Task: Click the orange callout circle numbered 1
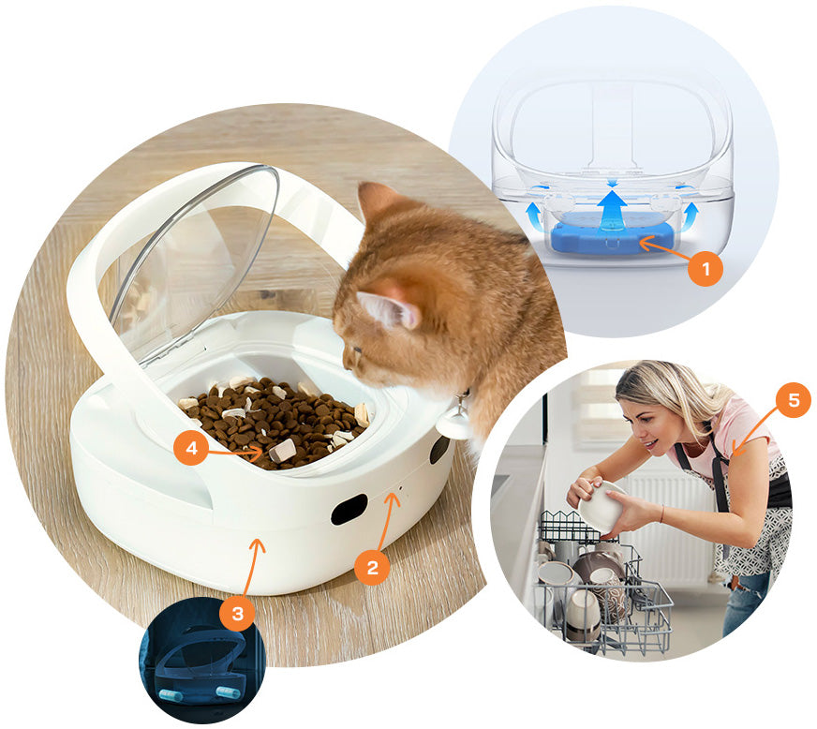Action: pyautogui.click(x=706, y=269)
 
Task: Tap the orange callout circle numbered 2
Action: pyautogui.click(x=372, y=567)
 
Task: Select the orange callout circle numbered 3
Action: pyautogui.click(x=238, y=613)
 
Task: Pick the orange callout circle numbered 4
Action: pyautogui.click(x=192, y=447)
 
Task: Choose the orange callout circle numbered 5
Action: pyautogui.click(x=794, y=400)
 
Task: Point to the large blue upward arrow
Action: pyautogui.click(x=612, y=211)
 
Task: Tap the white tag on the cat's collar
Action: pyautogui.click(x=452, y=421)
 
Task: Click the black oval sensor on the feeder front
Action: pyautogui.click(x=349, y=510)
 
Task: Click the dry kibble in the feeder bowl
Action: pyautogui.click(x=274, y=422)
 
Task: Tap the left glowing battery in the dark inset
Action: pyautogui.click(x=170, y=695)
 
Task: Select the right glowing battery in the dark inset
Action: pyautogui.click(x=229, y=692)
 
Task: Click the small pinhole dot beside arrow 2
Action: pyautogui.click(x=400, y=489)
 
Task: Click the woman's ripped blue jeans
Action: pyautogui.click(x=746, y=602)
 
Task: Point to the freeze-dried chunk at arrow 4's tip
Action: pyautogui.click(x=282, y=450)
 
